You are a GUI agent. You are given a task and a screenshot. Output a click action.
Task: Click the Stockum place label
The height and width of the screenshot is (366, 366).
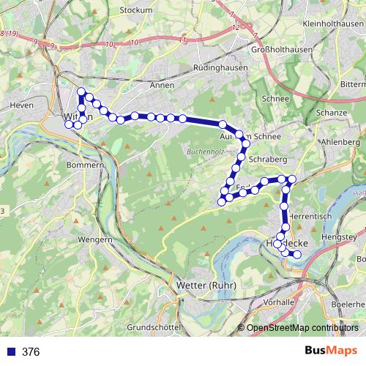pyautogui.click(x=138, y=10)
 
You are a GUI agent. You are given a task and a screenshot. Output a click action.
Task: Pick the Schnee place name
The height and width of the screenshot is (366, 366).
pyautogui.click(x=275, y=98)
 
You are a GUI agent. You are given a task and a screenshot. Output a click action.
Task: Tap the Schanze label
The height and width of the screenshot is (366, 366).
pyautogui.click(x=331, y=113)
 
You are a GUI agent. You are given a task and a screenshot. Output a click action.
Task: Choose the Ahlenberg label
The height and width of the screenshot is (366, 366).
pyautogui.click(x=342, y=141)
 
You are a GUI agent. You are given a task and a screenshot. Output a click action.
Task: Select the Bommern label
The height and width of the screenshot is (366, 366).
pyautogui.click(x=85, y=165)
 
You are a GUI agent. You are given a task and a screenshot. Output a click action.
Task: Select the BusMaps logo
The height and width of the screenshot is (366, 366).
pyautogui.click(x=332, y=351)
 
